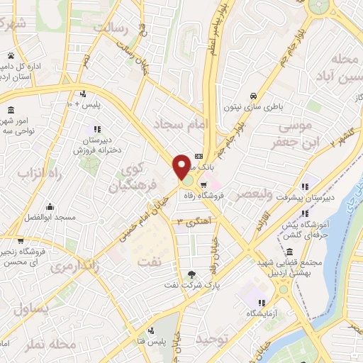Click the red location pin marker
pyautogui.click(x=181, y=166)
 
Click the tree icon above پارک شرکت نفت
pyautogui.click(x=191, y=275)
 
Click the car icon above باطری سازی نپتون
pyautogui.click(x=253, y=96)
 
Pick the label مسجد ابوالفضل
pyautogui.click(x=51, y=217)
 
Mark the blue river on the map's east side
pyautogui.click(x=340, y=234)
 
